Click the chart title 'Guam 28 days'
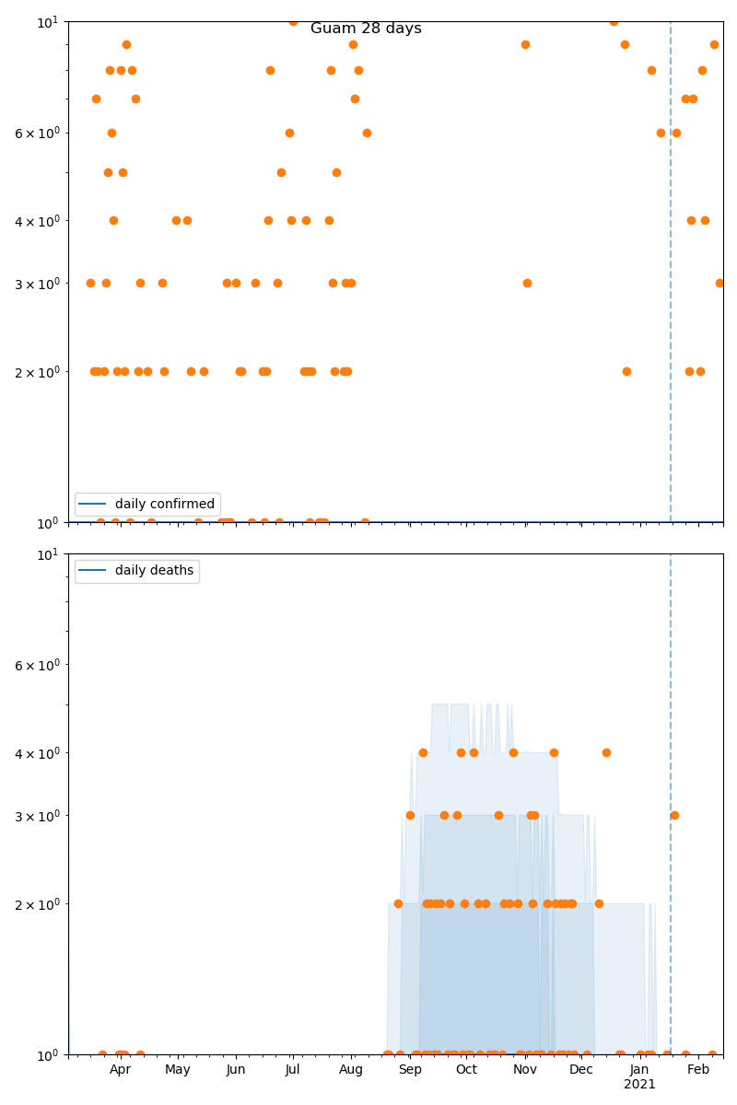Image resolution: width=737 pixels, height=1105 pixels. point(366,29)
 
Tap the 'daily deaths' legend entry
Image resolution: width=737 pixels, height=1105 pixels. point(154,571)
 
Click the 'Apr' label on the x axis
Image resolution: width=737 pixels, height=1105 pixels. point(121,1069)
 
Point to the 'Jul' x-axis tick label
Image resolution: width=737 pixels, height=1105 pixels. point(292,1069)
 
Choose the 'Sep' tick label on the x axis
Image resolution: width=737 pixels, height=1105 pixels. point(410,1069)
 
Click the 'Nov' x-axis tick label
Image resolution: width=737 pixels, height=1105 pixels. point(525,1069)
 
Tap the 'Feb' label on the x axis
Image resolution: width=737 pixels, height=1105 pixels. point(698,1069)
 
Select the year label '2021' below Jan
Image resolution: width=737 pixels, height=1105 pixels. point(639,1085)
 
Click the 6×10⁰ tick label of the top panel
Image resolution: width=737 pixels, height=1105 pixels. point(37,133)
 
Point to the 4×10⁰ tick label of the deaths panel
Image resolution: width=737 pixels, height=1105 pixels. point(37,753)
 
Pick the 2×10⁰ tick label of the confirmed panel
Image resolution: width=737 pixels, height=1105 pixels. point(37,372)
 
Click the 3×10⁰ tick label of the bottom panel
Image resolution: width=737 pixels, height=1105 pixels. point(37,816)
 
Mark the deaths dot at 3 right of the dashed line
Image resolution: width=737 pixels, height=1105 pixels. point(674,815)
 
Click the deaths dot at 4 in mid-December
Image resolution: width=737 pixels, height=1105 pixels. point(606,752)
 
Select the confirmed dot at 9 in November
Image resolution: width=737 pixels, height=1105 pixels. point(525,44)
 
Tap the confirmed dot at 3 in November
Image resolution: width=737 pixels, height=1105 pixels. point(527,283)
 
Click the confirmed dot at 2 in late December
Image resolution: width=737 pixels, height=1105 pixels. point(626,371)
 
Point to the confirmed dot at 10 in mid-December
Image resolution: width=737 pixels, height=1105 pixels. point(614,21)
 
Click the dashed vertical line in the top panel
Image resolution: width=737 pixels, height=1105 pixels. point(671,276)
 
